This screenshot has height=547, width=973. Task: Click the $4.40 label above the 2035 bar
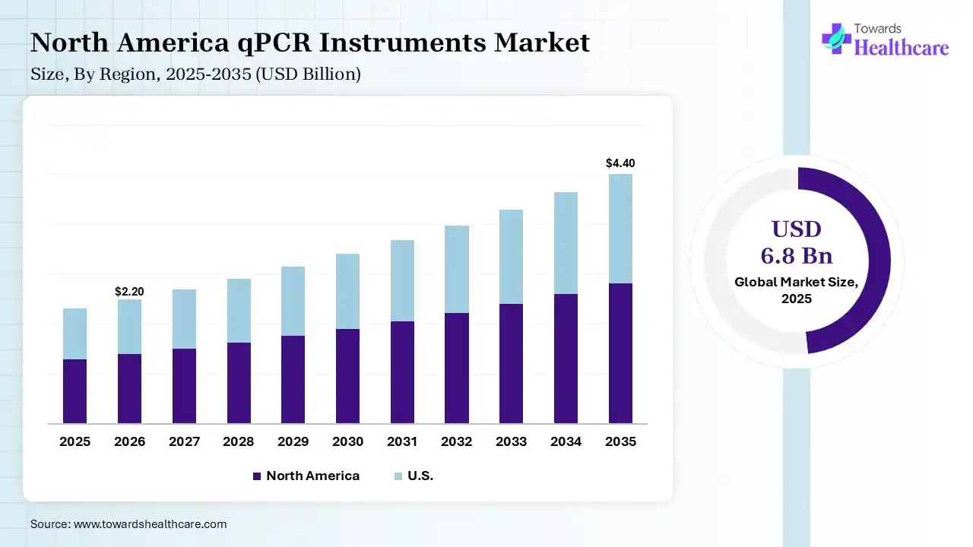point(620,163)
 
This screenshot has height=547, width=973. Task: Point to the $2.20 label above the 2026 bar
point(129,291)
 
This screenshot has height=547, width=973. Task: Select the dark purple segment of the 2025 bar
point(74,390)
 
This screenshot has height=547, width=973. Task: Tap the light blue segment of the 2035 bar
point(620,228)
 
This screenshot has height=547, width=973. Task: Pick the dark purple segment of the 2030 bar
point(347,375)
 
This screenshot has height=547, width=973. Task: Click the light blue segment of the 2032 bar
point(457,269)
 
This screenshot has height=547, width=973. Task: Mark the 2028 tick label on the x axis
point(238,441)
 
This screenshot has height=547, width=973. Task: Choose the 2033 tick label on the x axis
point(512,441)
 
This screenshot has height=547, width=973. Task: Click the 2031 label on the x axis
point(402,441)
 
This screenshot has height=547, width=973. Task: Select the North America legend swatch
point(256,476)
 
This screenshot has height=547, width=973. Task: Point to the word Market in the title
point(542,43)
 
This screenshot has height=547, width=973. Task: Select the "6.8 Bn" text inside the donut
point(797,255)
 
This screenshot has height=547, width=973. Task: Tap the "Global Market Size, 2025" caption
point(797,289)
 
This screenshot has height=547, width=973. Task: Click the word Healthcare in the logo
point(902,48)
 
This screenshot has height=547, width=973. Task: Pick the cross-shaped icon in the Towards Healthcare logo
point(836,38)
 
